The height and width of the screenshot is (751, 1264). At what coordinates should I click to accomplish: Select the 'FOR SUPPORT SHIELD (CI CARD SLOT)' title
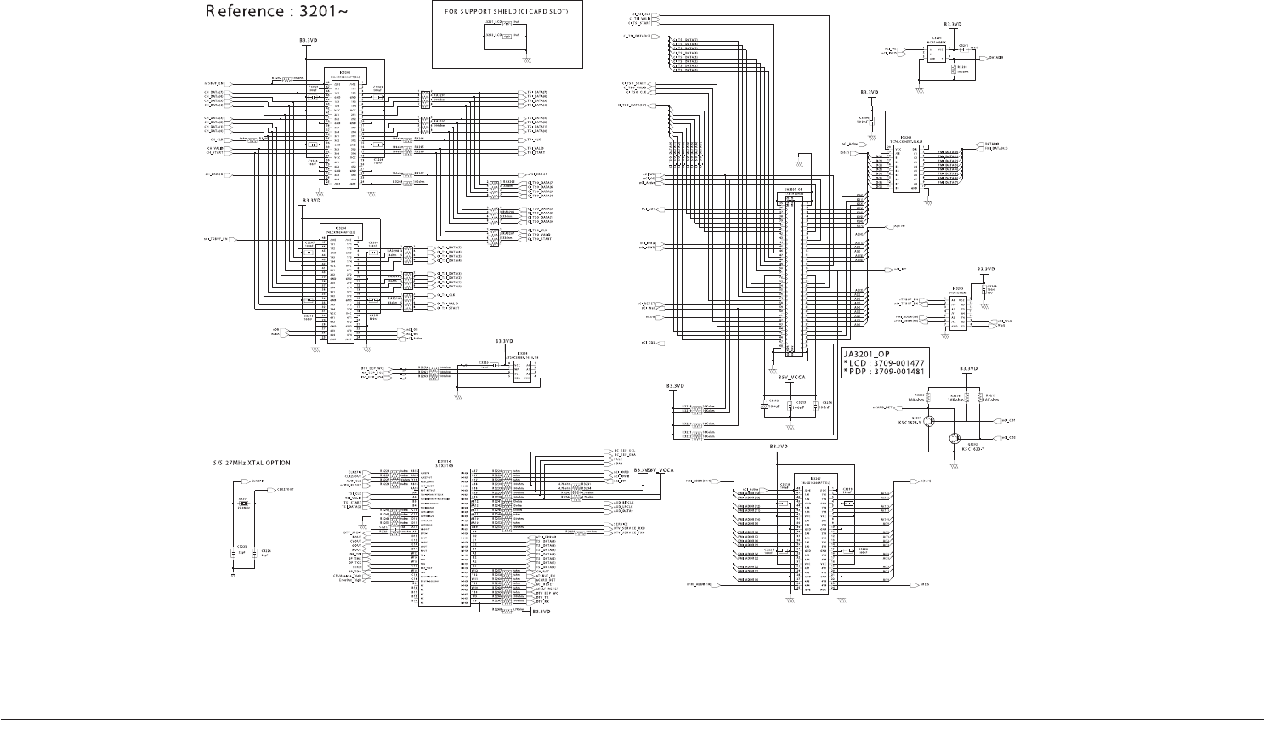tap(507, 11)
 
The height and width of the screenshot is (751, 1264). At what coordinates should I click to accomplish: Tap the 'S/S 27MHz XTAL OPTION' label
tap(252, 464)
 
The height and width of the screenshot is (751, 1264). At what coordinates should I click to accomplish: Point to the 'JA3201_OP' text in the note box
tap(866, 355)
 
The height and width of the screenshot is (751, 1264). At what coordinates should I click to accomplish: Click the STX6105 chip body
tap(443, 536)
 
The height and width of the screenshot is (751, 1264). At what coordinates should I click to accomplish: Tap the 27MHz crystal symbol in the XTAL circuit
tap(243, 504)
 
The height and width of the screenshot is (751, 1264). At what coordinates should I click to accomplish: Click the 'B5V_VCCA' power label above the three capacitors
tap(791, 377)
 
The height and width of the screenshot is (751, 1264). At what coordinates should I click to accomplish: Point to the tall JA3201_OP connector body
tap(795, 272)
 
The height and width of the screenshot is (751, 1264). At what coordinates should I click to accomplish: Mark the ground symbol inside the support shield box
tap(527, 59)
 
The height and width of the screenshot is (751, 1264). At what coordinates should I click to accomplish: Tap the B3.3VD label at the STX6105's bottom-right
tap(541, 612)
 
